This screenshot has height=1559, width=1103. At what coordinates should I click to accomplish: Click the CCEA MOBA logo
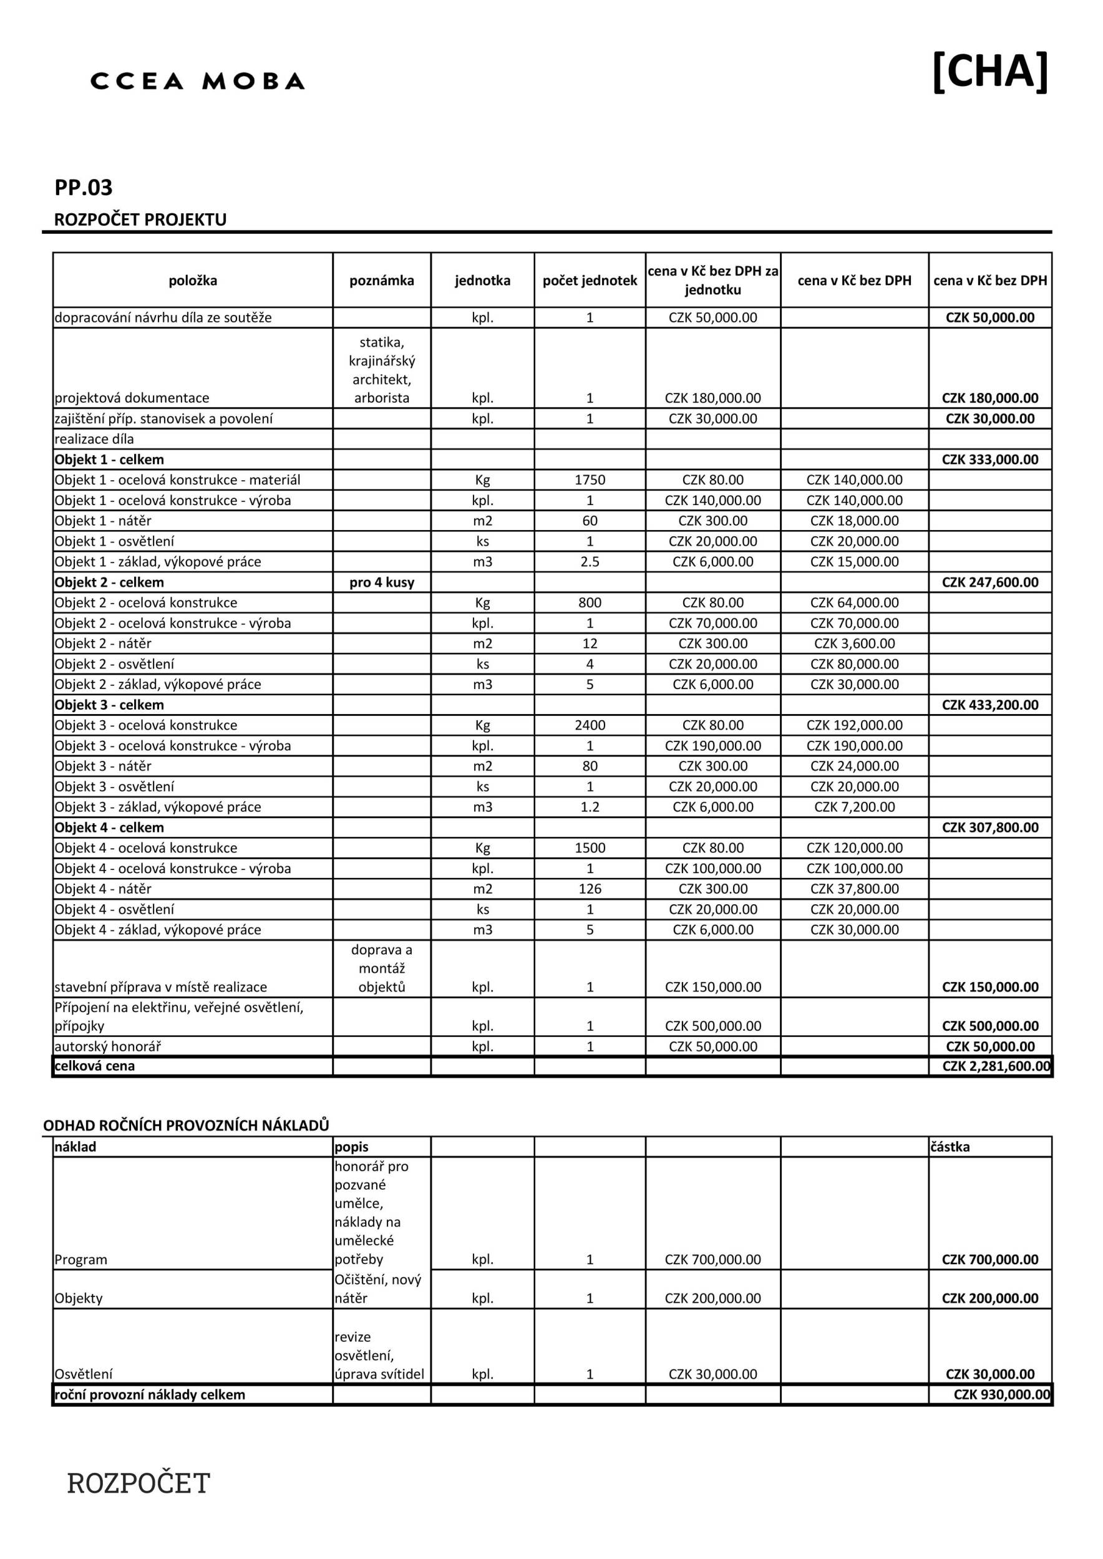tap(197, 82)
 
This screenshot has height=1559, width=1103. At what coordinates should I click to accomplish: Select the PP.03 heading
tap(84, 188)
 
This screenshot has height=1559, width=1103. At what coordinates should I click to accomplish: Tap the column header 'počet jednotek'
tap(590, 281)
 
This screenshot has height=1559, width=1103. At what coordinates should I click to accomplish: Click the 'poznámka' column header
tap(382, 281)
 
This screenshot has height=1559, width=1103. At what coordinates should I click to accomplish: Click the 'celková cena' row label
tap(94, 1066)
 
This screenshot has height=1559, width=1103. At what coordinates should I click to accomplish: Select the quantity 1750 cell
tap(590, 480)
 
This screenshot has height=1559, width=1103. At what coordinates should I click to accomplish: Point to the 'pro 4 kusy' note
tap(382, 582)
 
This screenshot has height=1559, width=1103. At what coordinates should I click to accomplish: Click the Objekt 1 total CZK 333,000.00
tap(989, 460)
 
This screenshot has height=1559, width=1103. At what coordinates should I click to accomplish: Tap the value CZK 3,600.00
tap(855, 644)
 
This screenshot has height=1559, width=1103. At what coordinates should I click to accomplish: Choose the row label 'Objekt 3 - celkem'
tap(109, 705)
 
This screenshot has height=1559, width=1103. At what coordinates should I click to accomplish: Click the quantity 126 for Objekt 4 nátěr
tap(590, 889)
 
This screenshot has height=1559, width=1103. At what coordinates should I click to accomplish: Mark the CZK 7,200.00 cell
tap(855, 808)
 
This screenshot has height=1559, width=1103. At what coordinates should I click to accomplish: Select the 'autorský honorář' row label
tap(107, 1046)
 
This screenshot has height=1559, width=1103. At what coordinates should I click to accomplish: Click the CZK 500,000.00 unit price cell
tap(712, 1026)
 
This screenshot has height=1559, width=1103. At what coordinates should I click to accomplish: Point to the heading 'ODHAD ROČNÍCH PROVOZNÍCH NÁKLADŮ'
tap(186, 1125)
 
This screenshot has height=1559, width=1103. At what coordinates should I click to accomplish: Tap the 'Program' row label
tap(81, 1260)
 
